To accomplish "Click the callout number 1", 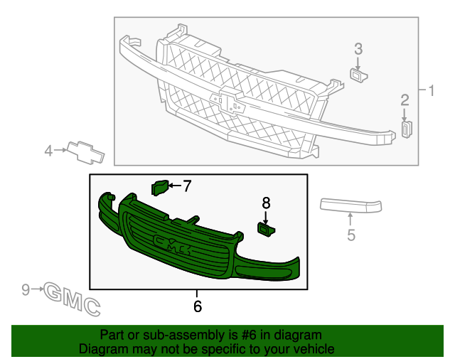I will pos(431,90).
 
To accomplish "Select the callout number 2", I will pos(405,100).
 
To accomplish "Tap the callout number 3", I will pos(358,49).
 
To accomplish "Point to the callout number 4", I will pos(49,150).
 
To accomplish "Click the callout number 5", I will pos(351,234).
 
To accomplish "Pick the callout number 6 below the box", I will pos(198,306).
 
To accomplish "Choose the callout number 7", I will pos(187,186).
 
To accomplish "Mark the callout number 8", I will pos(266,202).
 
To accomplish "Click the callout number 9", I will pos(26,289).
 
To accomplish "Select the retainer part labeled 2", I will pos(407,129).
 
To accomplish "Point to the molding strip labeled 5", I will pos(351,205).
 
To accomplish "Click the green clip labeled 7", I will pos(159,187).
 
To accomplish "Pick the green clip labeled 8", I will pos(266,227).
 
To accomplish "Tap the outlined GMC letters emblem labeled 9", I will pos(72,297).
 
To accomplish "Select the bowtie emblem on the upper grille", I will pos(229,100).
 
